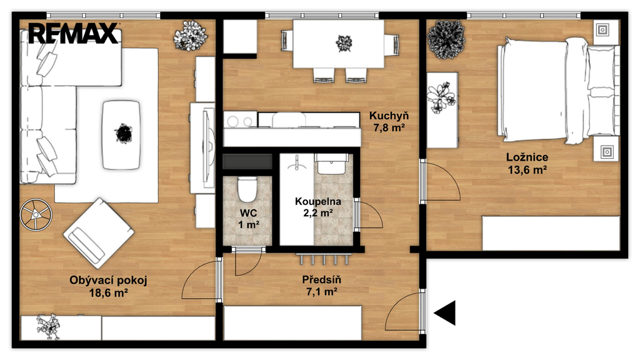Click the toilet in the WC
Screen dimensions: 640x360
pyautogui.click(x=247, y=189)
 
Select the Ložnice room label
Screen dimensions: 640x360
pyautogui.click(x=527, y=157)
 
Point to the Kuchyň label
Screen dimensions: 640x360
pyautogui.click(x=389, y=116)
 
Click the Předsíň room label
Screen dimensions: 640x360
pyautogui.click(x=321, y=279)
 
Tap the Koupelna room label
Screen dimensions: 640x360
pyautogui.click(x=318, y=201)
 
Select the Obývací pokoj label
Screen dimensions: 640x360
pyautogui.click(x=107, y=281)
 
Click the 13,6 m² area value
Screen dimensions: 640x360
pyautogui.click(x=527, y=170)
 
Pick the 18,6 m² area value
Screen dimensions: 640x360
pyautogui.click(x=109, y=292)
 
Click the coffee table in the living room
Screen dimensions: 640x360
pyautogui.click(x=122, y=135)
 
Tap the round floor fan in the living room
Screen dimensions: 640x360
pyautogui.click(x=36, y=214)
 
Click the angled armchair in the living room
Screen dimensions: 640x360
pyautogui.click(x=98, y=233)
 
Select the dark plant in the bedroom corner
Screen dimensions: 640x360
pyautogui.click(x=446, y=39)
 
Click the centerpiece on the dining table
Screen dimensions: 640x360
pyautogui.click(x=344, y=43)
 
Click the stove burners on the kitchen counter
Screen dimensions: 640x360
pyautogui.click(x=240, y=121)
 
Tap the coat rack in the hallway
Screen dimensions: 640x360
pyautogui.click(x=324, y=258)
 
